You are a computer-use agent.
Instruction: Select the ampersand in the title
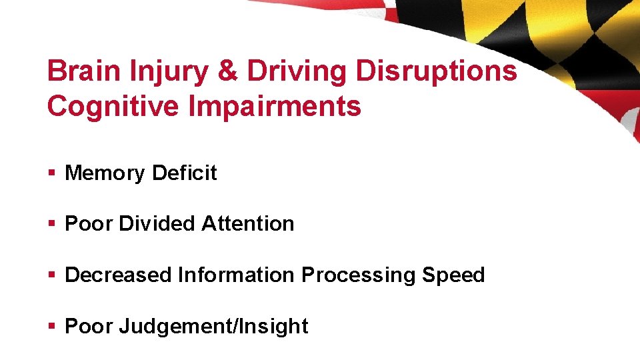(228, 71)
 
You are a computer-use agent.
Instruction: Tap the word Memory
(105, 173)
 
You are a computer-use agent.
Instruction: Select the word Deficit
(184, 173)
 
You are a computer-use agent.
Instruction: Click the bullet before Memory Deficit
(51, 174)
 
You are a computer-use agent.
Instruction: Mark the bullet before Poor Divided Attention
(51, 225)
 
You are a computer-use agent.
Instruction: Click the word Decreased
(118, 275)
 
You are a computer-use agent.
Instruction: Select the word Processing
(359, 275)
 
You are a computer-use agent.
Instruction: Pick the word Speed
(453, 275)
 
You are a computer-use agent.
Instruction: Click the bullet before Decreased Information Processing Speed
(51, 275)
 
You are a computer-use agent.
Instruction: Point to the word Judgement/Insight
(213, 327)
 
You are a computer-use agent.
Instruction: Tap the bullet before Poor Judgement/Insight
(51, 327)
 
